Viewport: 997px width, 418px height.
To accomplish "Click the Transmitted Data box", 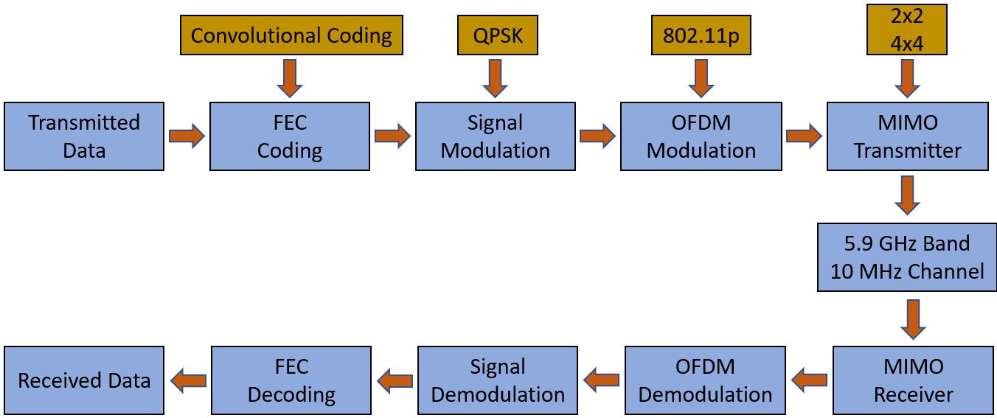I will (x=84, y=136).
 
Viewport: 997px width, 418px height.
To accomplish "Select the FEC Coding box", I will (x=290, y=136).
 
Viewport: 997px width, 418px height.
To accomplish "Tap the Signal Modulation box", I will (x=495, y=136).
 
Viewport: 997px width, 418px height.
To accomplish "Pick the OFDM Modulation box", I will (x=701, y=136).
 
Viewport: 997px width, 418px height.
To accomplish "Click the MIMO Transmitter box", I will (x=907, y=136).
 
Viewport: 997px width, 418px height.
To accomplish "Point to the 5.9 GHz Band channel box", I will (x=907, y=257).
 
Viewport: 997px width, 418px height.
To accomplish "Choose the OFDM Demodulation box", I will (x=705, y=380).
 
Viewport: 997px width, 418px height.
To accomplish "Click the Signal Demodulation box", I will (x=498, y=380).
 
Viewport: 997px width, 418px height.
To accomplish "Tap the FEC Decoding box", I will (x=291, y=380).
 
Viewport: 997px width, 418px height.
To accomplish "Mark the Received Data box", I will (x=84, y=380).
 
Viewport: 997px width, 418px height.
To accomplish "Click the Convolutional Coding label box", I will (x=291, y=35).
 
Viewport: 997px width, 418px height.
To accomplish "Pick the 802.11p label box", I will (x=701, y=35).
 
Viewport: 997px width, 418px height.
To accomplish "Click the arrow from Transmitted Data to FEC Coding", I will (x=187, y=136).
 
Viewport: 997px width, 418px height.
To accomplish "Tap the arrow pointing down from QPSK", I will (x=495, y=78).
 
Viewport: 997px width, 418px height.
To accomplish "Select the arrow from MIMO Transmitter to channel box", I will (x=907, y=195).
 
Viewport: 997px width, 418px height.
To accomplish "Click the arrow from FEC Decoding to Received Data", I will (x=188, y=380).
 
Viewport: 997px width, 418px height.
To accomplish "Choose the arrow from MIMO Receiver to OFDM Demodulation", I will (x=809, y=380).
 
